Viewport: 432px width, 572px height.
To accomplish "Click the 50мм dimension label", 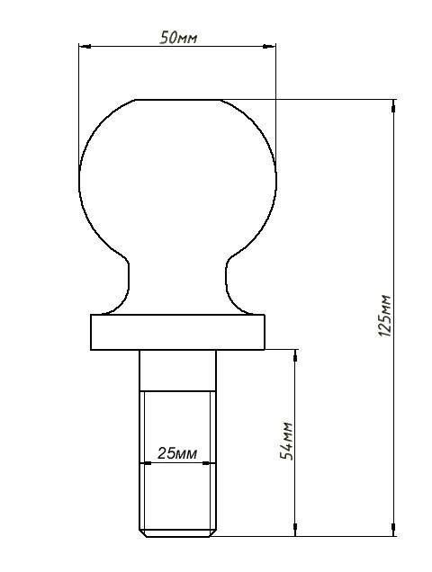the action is tap(178, 37).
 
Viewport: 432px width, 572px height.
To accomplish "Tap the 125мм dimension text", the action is tap(384, 316).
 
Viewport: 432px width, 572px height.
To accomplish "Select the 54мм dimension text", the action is tap(286, 441).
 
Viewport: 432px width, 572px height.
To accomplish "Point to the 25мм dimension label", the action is tap(177, 453).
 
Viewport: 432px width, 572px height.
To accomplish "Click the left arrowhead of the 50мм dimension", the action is tap(85, 47).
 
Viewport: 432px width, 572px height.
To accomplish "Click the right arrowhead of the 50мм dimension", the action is tap(270, 47).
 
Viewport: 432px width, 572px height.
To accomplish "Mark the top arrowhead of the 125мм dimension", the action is tap(393, 106).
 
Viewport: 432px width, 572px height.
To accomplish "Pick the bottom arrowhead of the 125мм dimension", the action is tap(393, 530).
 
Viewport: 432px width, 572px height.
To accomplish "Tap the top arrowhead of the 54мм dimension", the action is tap(295, 355).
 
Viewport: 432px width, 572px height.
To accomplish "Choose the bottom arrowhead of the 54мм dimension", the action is tap(295, 530).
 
